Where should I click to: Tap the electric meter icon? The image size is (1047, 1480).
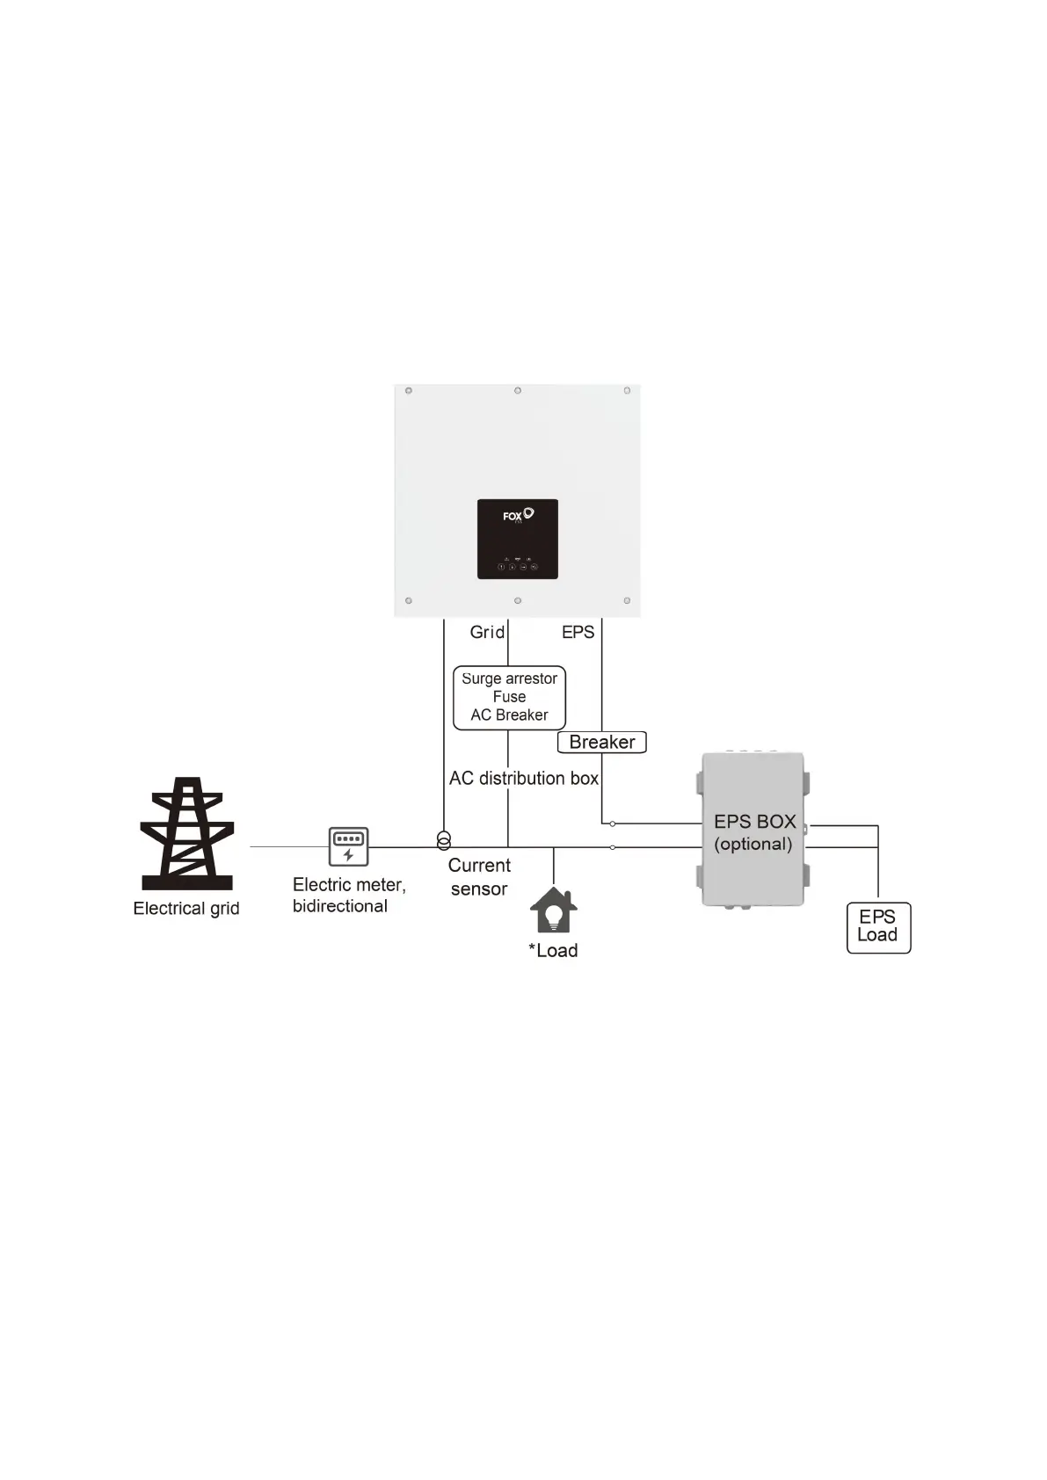(x=348, y=846)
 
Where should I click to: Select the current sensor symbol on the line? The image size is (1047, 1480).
(x=444, y=841)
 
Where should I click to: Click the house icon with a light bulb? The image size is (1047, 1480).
(x=553, y=910)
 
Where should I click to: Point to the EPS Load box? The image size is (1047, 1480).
(x=878, y=927)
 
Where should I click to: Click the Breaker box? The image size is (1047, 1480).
(x=602, y=742)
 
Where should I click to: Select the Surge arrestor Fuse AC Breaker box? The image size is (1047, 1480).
(x=509, y=697)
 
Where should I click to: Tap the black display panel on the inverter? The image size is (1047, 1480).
(x=518, y=539)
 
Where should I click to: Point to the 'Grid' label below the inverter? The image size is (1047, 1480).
(x=487, y=632)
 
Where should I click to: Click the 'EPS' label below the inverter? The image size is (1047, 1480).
(x=578, y=632)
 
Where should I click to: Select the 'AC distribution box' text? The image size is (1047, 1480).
(x=523, y=779)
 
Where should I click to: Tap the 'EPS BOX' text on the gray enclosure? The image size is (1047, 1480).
(x=754, y=822)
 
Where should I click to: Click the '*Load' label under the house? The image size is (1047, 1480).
(x=553, y=950)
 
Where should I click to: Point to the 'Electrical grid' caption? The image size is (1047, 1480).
(x=186, y=908)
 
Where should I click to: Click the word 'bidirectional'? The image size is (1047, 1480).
(x=340, y=906)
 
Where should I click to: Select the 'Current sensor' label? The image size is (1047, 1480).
(x=479, y=877)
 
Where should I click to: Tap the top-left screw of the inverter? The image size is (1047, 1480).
(x=409, y=390)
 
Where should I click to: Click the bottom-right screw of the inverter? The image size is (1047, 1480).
(x=627, y=601)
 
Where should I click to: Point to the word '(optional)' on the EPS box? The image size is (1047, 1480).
(x=753, y=845)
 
